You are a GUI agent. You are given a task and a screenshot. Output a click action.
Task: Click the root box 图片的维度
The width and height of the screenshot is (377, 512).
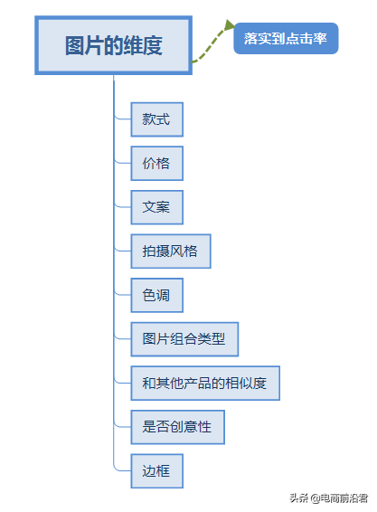click(113, 45)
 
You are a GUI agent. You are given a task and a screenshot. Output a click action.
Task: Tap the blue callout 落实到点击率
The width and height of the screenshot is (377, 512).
click(286, 39)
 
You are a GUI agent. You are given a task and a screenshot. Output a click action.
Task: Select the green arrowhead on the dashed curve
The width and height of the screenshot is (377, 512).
click(230, 28)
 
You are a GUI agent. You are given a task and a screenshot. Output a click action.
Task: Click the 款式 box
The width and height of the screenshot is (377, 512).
click(156, 119)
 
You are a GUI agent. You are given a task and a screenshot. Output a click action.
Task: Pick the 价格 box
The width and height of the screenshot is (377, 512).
click(156, 164)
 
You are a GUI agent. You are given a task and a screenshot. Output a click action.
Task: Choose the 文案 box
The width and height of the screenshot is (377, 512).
click(156, 207)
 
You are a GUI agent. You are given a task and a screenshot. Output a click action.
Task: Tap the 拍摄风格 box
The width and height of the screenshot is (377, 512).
click(170, 251)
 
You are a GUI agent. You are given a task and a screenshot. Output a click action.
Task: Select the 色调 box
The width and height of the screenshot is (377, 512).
click(156, 295)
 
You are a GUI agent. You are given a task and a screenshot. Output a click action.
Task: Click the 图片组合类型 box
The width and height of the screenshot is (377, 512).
click(184, 339)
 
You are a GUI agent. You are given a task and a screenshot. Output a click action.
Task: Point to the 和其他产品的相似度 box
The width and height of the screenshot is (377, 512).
click(204, 383)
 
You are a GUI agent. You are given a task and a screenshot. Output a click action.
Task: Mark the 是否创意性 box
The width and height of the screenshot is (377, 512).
click(177, 426)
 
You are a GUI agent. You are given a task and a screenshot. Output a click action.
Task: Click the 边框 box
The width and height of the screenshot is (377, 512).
click(156, 470)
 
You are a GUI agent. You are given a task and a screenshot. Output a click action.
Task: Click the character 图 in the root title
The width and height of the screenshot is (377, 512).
click(75, 46)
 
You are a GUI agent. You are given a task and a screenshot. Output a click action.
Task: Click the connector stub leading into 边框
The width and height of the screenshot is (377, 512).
click(122, 469)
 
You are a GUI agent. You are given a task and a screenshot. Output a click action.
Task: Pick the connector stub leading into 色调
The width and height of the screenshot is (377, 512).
click(122, 293)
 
